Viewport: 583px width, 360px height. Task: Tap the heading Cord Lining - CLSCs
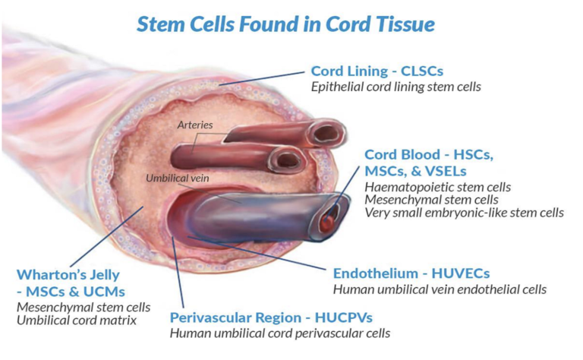[x=377, y=71]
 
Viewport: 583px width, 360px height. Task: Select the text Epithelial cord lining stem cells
[x=396, y=87]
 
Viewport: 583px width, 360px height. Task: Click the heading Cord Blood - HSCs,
[x=429, y=153]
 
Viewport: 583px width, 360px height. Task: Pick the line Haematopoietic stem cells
[x=438, y=186]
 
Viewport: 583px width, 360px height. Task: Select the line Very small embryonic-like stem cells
[x=464, y=213]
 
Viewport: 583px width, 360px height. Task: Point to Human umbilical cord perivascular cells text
[x=280, y=333]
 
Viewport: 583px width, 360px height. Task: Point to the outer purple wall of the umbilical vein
[x=251, y=216]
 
